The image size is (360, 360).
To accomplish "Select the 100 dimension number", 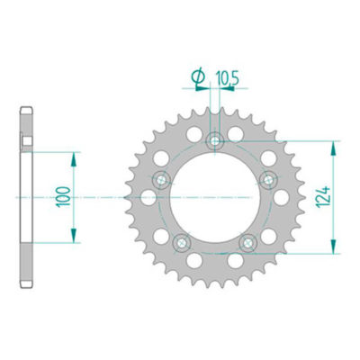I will (x=60, y=196).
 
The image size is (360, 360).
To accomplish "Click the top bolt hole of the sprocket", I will (x=214, y=139).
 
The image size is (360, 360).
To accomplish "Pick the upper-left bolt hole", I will (x=161, y=179).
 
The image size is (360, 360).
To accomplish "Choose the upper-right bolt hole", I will (x=267, y=180).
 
